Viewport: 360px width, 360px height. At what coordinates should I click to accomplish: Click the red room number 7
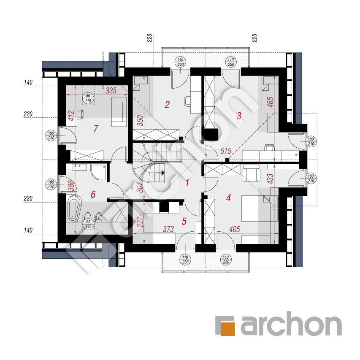[96, 129]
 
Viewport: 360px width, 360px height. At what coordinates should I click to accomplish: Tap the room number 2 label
[167, 105]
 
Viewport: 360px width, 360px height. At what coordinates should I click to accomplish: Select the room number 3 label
[239, 116]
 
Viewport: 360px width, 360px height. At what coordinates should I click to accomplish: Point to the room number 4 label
[228, 198]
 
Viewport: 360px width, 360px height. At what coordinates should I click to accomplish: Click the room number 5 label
[184, 221]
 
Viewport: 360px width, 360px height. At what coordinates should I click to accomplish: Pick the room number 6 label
[93, 195]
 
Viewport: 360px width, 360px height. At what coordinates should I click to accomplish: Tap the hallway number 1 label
[187, 182]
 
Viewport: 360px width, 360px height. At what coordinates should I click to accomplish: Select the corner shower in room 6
[99, 171]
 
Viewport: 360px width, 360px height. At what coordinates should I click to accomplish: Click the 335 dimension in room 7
[111, 90]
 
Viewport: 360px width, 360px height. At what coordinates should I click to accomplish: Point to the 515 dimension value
[226, 151]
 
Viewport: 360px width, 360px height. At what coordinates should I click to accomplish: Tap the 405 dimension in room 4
[234, 229]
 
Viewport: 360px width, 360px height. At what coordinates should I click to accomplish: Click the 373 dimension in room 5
[168, 229]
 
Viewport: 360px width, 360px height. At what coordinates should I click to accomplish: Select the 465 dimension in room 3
[270, 102]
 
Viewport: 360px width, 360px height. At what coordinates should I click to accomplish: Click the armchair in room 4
[252, 173]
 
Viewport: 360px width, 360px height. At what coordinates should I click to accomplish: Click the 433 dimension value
[270, 179]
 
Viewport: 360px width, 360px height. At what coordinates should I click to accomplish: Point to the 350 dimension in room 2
[140, 121]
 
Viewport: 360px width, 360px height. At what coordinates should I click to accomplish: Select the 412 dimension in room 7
[71, 116]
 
